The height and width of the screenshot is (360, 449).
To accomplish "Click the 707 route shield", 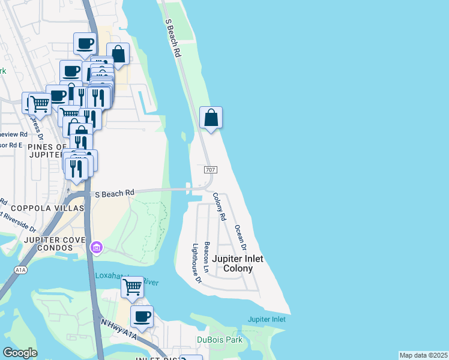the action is (209, 170).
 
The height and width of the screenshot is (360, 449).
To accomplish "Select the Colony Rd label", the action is (218, 206).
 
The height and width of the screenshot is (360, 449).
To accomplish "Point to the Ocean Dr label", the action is (240, 237).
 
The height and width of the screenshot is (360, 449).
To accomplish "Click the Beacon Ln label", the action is (206, 254).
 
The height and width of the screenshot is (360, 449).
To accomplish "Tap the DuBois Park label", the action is (218, 340).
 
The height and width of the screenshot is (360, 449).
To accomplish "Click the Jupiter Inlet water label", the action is (267, 319).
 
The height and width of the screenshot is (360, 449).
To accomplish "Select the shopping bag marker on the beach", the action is (211, 118).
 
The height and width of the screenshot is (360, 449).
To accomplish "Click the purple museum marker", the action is (96, 247).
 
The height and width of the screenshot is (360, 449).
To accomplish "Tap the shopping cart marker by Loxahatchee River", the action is (132, 287).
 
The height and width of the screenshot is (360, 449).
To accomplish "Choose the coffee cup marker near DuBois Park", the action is (142, 316).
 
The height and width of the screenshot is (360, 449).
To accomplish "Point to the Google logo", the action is (20, 353).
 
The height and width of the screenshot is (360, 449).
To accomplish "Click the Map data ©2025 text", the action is (423, 355).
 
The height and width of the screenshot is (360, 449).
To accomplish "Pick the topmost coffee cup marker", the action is (85, 43).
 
